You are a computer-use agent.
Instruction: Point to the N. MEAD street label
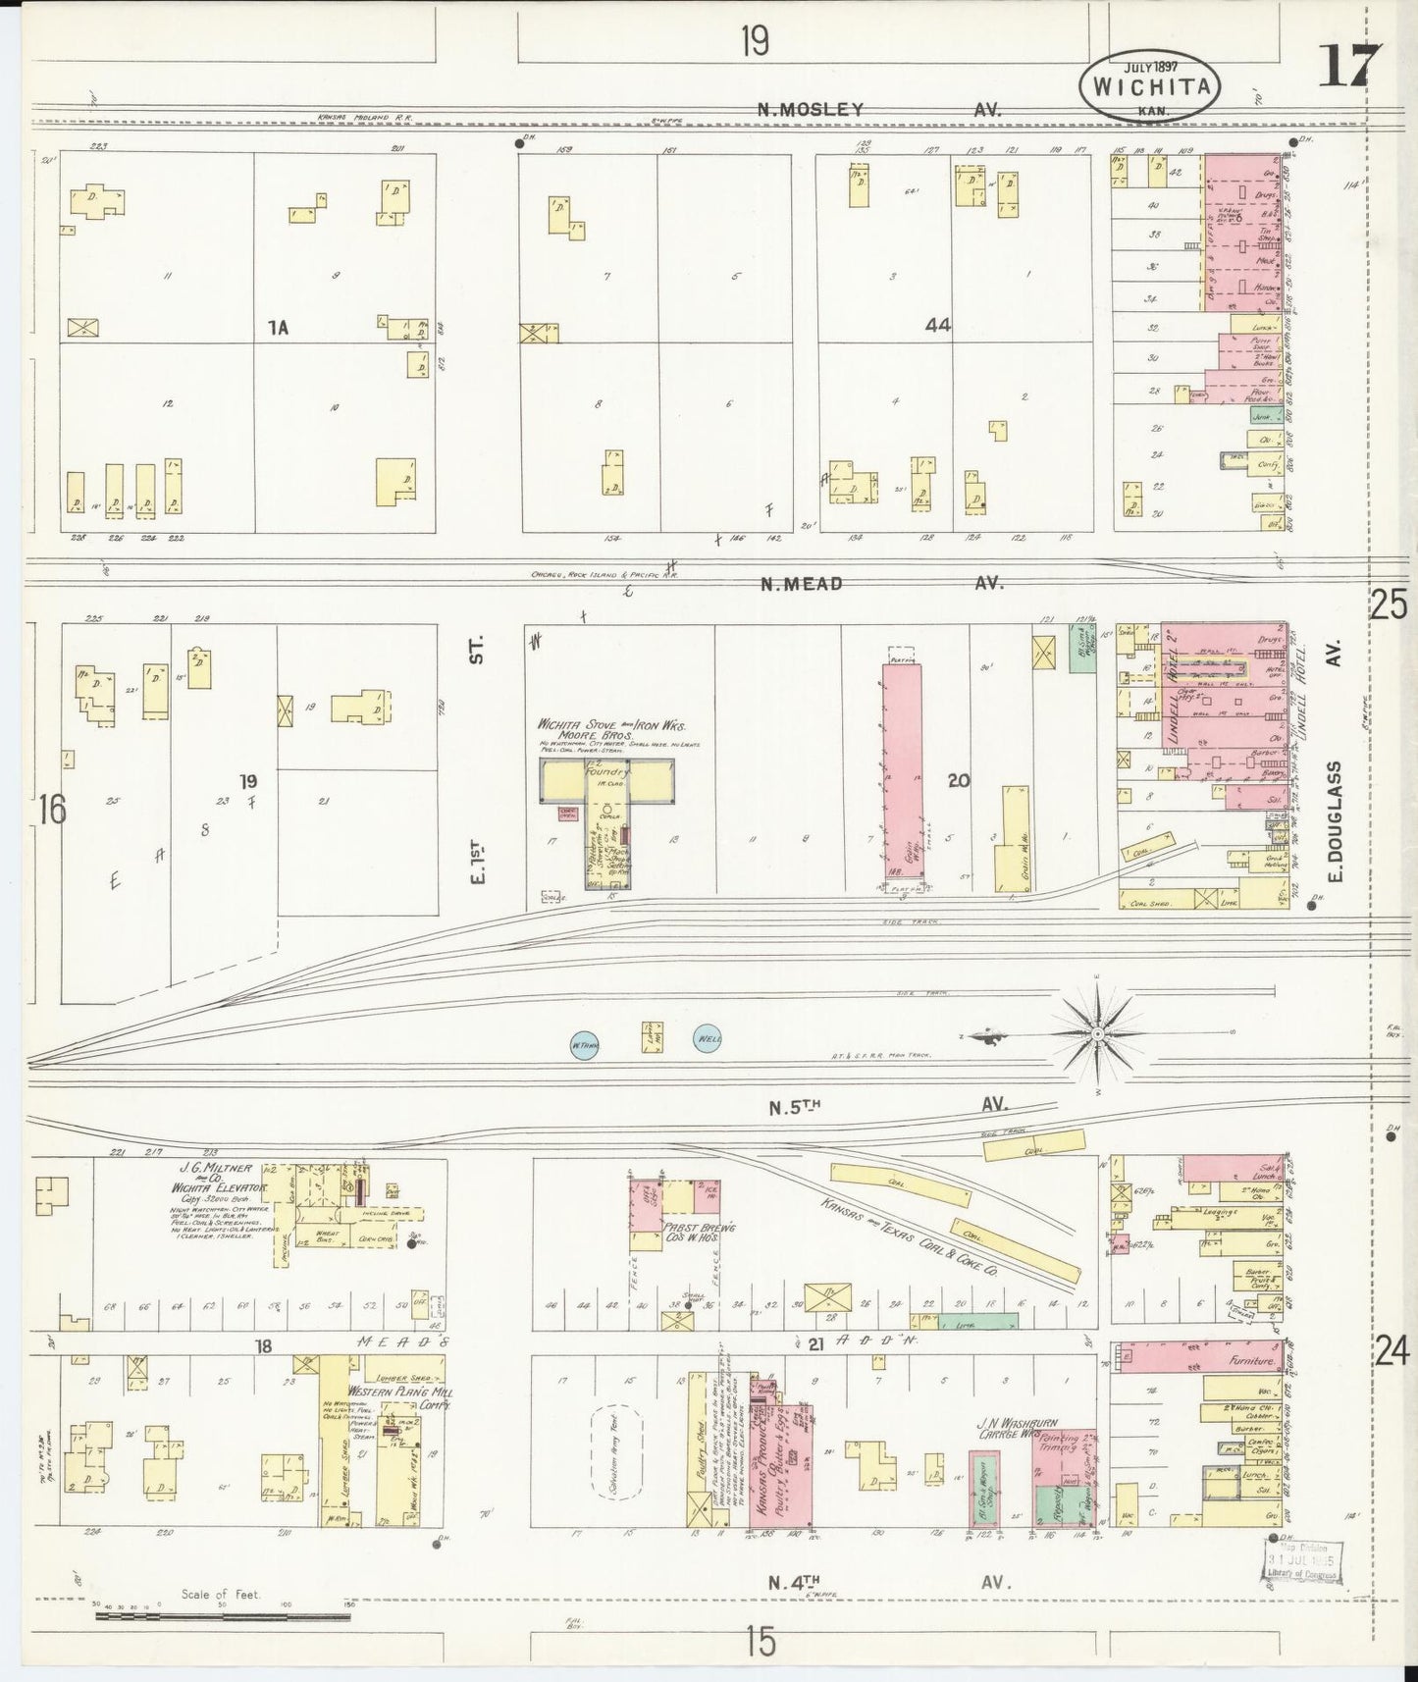tap(802, 583)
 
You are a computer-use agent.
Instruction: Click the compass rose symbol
tap(1096, 1033)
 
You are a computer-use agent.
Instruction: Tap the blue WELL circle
tap(707, 1038)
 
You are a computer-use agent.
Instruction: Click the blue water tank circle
tap(585, 1045)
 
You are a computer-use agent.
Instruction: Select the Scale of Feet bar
tap(221, 1611)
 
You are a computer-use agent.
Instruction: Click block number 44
tap(937, 325)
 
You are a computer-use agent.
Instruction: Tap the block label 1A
tap(279, 328)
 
